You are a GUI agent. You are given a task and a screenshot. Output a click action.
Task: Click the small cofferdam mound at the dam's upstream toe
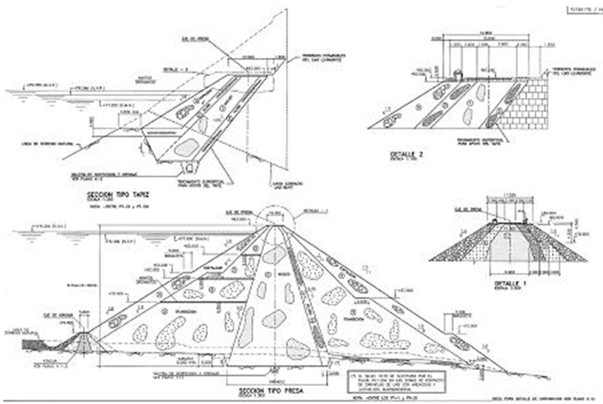pyautogui.click(x=83, y=340)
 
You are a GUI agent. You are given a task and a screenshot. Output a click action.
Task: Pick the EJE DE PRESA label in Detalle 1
pyautogui.click(x=462, y=208)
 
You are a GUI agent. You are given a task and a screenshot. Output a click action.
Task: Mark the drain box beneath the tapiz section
pyautogui.click(x=189, y=166)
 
